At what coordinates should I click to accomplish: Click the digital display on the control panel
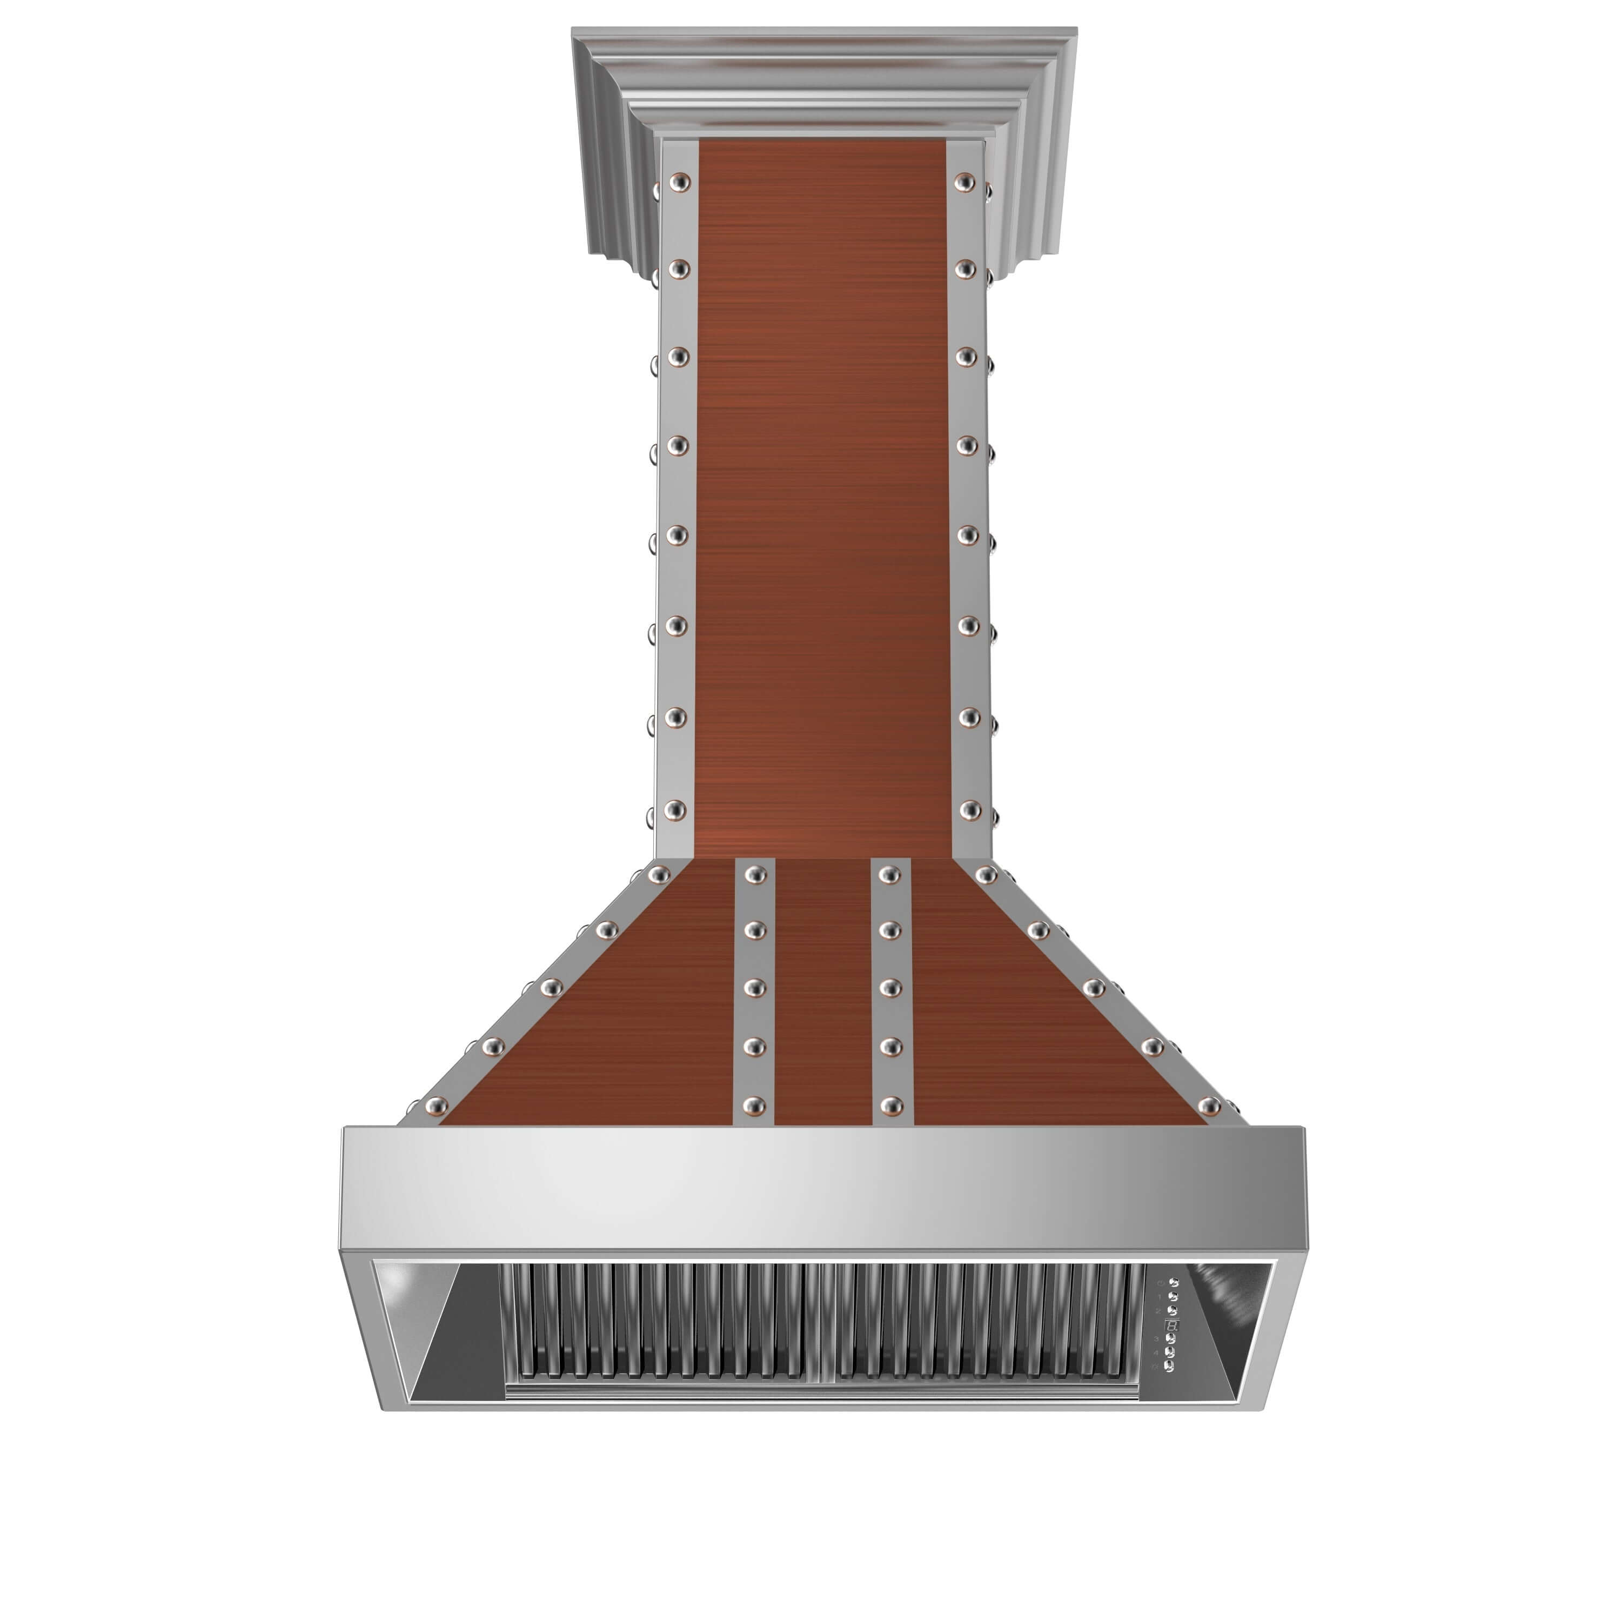1172,1325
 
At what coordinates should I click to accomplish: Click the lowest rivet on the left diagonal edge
436,1107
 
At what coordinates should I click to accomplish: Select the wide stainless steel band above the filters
822,1191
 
